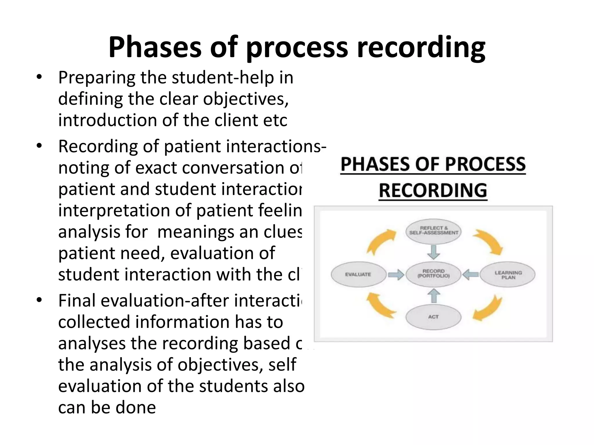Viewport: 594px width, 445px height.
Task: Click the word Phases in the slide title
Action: click(x=155, y=47)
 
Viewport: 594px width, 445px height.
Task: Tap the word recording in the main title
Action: click(x=421, y=47)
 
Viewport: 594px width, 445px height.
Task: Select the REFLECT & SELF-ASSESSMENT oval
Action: click(x=434, y=231)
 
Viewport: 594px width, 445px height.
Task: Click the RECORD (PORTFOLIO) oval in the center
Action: click(x=434, y=273)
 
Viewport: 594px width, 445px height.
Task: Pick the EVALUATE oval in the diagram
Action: click(x=358, y=274)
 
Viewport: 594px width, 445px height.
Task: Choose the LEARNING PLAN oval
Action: click(x=508, y=274)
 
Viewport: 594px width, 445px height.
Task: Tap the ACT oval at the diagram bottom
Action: click(x=434, y=317)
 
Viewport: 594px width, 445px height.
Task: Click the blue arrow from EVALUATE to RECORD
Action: click(x=396, y=274)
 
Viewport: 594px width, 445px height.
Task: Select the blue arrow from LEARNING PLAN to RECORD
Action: click(x=470, y=274)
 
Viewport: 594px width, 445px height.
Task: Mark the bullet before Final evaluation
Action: click(x=39, y=301)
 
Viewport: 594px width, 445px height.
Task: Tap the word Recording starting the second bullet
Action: click(x=98, y=147)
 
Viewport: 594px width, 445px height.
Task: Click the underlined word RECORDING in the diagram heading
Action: click(x=433, y=191)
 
